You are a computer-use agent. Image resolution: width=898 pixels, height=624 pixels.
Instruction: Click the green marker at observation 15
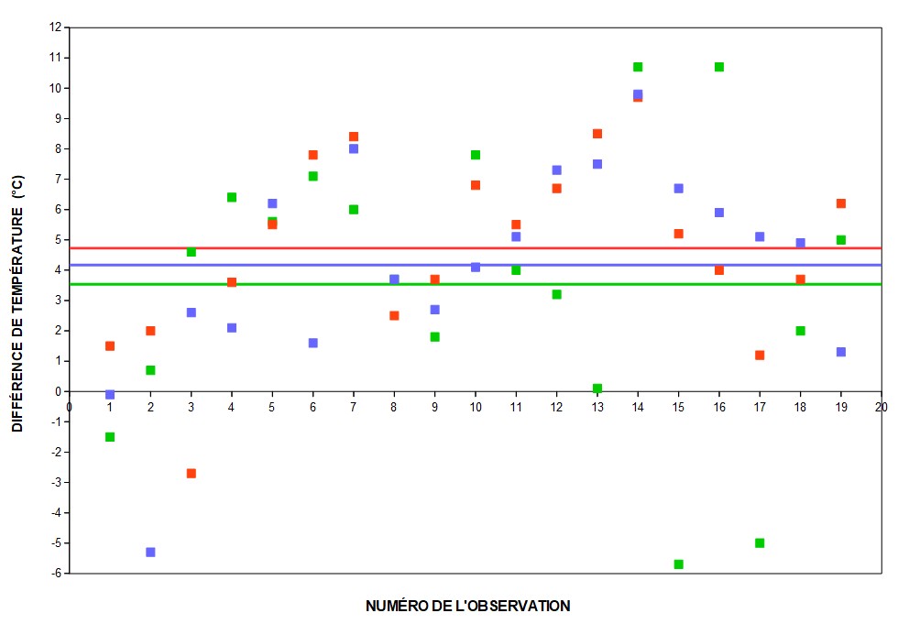pos(678,564)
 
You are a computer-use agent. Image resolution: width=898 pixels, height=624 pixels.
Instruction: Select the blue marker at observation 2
pos(150,553)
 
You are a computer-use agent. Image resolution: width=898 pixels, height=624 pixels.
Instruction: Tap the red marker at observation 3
pos(191,474)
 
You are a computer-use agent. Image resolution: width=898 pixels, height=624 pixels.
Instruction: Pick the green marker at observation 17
pos(760,543)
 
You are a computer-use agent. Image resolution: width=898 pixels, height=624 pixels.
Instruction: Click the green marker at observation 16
pos(719,67)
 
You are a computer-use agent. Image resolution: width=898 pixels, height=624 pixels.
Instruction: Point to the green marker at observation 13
pos(597,389)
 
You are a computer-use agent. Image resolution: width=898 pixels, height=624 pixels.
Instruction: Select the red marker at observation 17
pos(760,356)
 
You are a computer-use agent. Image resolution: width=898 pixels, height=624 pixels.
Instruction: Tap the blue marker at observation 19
pos(841,352)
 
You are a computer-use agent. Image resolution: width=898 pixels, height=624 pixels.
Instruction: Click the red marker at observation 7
pos(354,137)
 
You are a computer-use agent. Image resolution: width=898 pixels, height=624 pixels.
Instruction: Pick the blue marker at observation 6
pos(313,343)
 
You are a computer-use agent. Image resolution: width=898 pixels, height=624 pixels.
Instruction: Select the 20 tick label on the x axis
pos(882,404)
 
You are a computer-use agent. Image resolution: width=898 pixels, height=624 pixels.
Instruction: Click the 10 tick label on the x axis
pos(476,404)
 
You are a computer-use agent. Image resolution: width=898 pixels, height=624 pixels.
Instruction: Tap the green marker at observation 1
pos(110,437)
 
